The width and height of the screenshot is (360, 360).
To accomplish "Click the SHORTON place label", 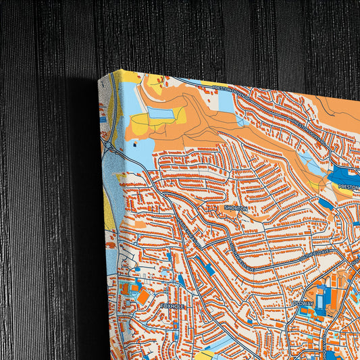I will coord(236,209).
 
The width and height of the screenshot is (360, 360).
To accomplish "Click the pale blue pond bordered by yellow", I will coord(160,113).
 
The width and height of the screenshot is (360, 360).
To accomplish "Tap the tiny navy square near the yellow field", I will coord(134,143).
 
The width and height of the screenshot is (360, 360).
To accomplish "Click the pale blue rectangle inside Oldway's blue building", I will coord(322,297).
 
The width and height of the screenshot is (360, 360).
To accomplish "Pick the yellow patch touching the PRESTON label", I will coord(344,192).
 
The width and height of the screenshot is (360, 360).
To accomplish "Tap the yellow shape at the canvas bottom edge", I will coord(210,355).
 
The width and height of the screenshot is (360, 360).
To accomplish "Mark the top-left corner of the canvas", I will coord(99,79).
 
